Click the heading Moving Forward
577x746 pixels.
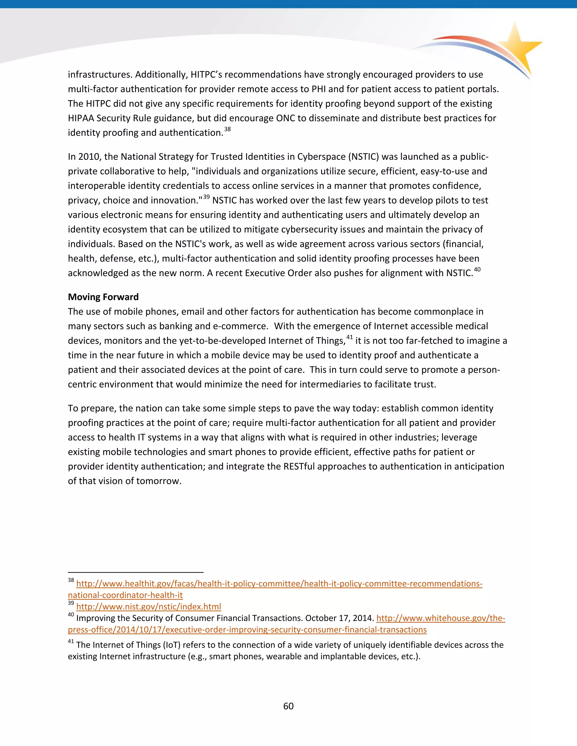pyautogui.click(x=103, y=297)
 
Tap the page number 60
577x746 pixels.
pyautogui.click(x=288, y=706)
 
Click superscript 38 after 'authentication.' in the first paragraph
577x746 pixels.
pyautogui.click(x=227, y=129)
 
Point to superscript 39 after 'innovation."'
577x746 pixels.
pyautogui.click(x=207, y=197)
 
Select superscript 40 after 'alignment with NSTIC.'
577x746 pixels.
pyautogui.click(x=477, y=269)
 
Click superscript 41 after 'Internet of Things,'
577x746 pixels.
pyautogui.click(x=349, y=337)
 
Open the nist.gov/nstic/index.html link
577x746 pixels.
pyautogui.click(x=148, y=607)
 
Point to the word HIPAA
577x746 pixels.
pyautogui.click(x=81, y=118)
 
